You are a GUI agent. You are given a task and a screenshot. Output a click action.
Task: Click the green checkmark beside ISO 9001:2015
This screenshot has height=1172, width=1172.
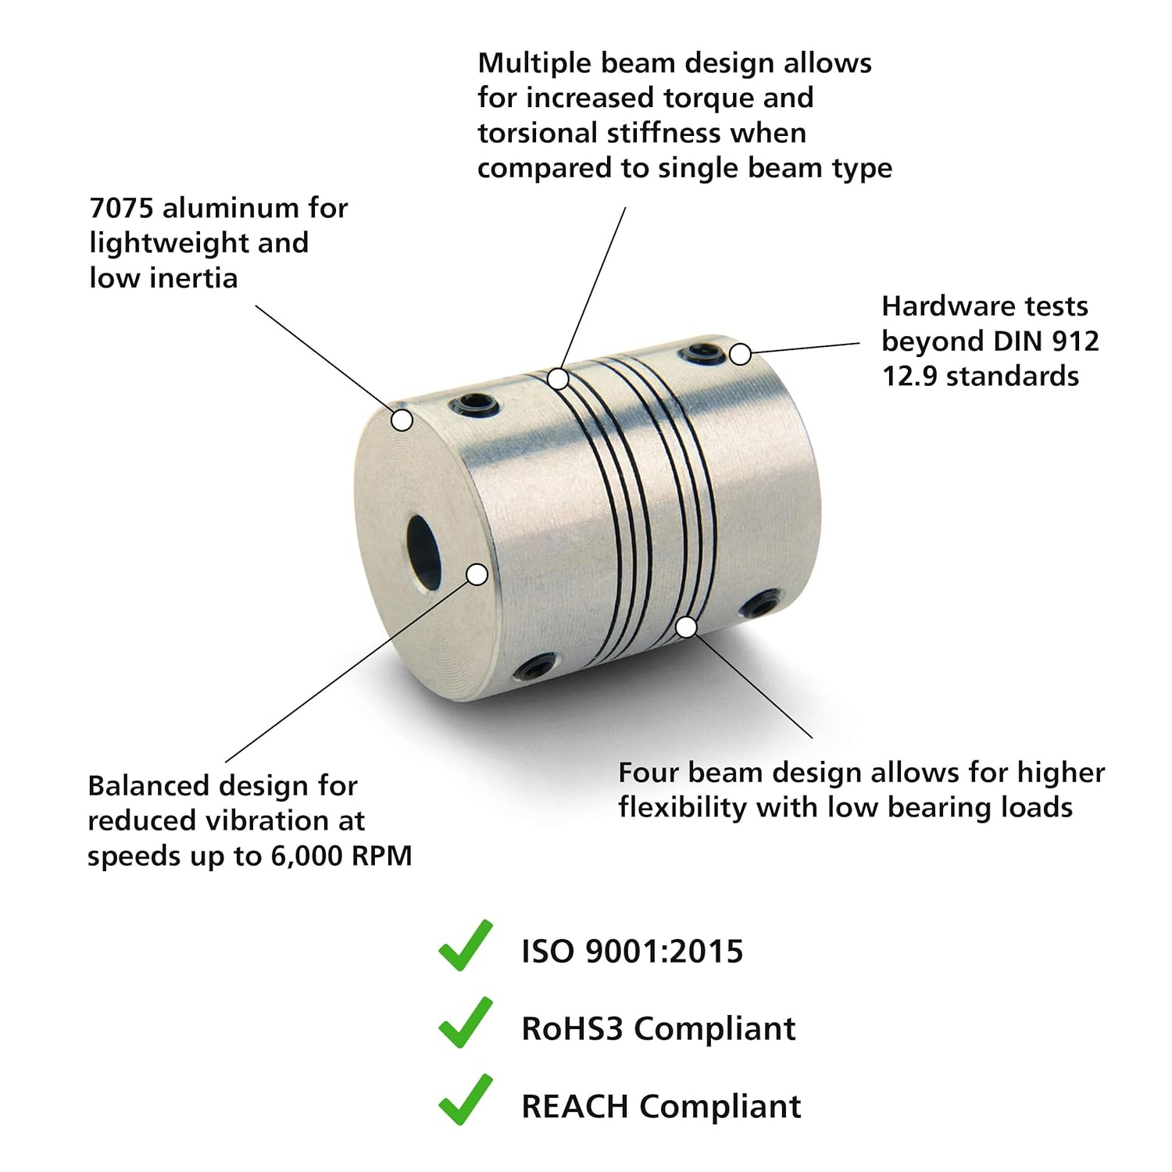coord(465,947)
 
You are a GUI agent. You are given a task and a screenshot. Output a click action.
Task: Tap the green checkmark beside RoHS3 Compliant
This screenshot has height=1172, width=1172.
coord(465,1024)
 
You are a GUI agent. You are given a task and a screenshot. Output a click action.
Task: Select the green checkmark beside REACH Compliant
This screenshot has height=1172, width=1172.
coord(465,1101)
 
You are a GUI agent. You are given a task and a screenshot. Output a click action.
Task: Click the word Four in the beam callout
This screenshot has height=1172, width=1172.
coord(648,772)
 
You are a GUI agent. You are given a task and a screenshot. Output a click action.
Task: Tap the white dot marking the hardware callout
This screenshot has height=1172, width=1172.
coord(740,354)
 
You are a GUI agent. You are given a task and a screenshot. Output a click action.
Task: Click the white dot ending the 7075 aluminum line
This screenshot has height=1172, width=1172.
coord(402,420)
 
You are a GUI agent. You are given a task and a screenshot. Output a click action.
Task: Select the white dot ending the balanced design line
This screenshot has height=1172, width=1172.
coord(477,574)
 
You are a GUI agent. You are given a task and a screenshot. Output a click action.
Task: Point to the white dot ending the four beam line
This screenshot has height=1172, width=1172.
coord(686,627)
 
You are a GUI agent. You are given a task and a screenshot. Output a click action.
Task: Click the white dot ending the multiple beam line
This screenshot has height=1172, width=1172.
coord(558,379)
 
